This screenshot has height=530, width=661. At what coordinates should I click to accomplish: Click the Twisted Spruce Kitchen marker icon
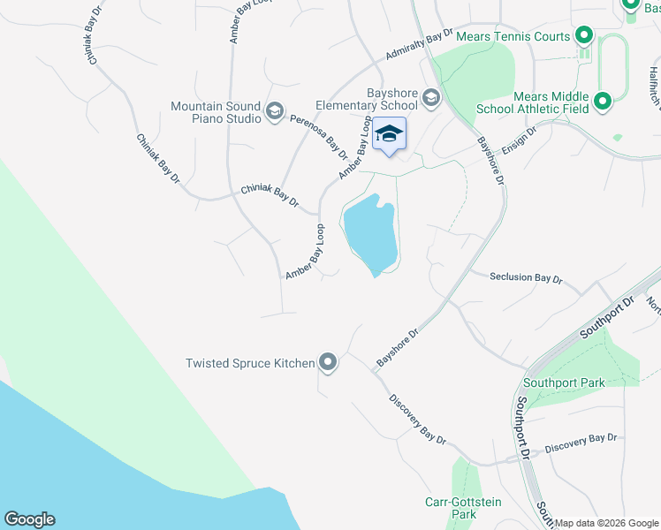point(328,362)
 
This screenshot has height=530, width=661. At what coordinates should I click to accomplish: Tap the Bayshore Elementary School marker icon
point(431,97)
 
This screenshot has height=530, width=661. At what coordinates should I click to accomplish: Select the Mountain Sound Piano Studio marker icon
point(274,110)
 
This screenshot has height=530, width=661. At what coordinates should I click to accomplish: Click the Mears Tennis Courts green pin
point(583,36)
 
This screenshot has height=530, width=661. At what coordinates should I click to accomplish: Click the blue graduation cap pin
point(389,135)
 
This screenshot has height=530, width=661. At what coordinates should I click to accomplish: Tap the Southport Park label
point(564,382)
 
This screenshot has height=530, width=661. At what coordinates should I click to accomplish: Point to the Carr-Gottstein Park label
point(462,508)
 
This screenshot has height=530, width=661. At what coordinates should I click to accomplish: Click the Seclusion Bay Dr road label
point(526,277)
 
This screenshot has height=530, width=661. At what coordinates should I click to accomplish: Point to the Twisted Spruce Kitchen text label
point(250,363)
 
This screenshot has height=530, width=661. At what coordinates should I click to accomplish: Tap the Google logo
point(29,519)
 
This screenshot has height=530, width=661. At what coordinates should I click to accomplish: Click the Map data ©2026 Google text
point(607,523)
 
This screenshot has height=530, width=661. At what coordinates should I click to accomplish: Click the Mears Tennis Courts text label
point(513,36)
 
